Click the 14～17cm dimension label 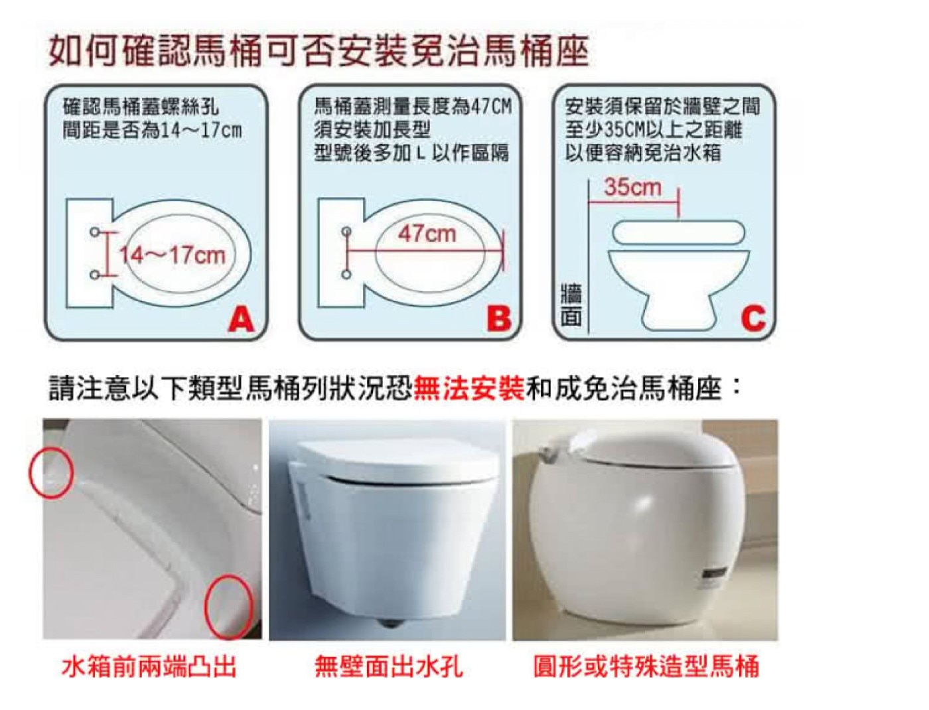click(x=173, y=255)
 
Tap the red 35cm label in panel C click(x=632, y=187)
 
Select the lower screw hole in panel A click(x=96, y=275)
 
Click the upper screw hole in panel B click(x=346, y=231)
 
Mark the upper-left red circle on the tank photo click(x=51, y=473)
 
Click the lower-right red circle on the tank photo click(x=228, y=604)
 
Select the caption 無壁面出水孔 click(x=389, y=667)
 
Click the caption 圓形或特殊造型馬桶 click(x=646, y=667)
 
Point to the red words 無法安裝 click(x=468, y=388)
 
